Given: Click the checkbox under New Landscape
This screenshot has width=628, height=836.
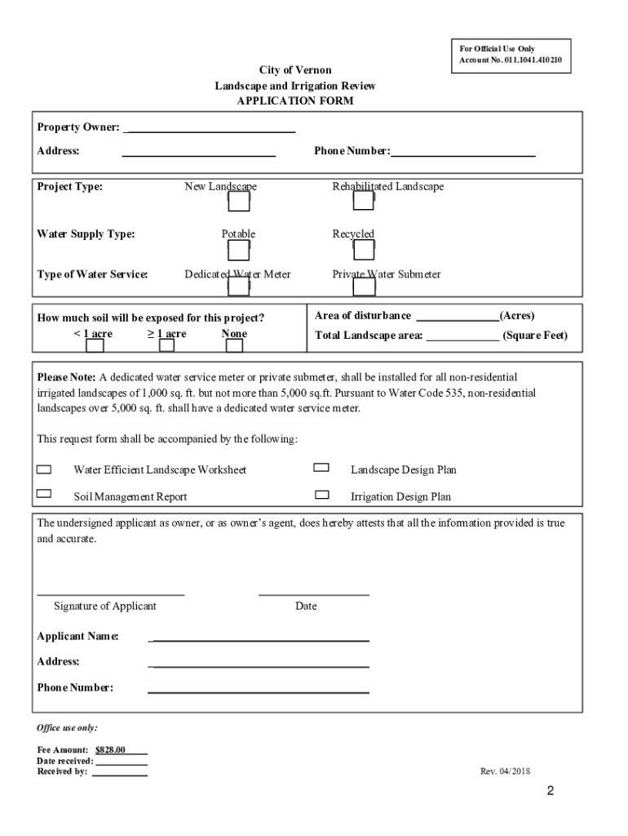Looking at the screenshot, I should [x=238, y=201].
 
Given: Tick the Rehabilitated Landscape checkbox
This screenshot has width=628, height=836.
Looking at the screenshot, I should [x=363, y=201].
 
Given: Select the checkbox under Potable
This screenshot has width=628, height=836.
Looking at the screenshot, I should [x=238, y=249].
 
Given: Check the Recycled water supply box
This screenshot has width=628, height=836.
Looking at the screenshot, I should [x=364, y=249].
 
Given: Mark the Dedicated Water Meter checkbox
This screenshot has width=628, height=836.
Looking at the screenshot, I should [x=238, y=287].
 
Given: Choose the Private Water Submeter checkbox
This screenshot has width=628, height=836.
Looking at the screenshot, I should [x=363, y=287].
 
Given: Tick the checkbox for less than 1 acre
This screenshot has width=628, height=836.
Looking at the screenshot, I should [x=95, y=345].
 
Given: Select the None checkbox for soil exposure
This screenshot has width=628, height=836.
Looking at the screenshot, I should [x=234, y=345].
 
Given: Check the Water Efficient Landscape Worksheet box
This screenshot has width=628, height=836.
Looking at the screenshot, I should [x=44, y=469].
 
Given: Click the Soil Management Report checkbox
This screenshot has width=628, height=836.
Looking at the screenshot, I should [x=44, y=493].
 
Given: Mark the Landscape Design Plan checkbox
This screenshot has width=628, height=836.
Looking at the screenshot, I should [x=321, y=468].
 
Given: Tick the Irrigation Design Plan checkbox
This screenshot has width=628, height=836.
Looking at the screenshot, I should [x=322, y=494].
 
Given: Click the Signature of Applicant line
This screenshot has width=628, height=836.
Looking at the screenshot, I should [x=110, y=592].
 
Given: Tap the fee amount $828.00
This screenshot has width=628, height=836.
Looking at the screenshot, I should [x=110, y=749].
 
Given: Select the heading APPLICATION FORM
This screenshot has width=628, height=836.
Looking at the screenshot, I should [x=295, y=100].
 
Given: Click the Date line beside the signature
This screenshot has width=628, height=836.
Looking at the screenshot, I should [x=313, y=592].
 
